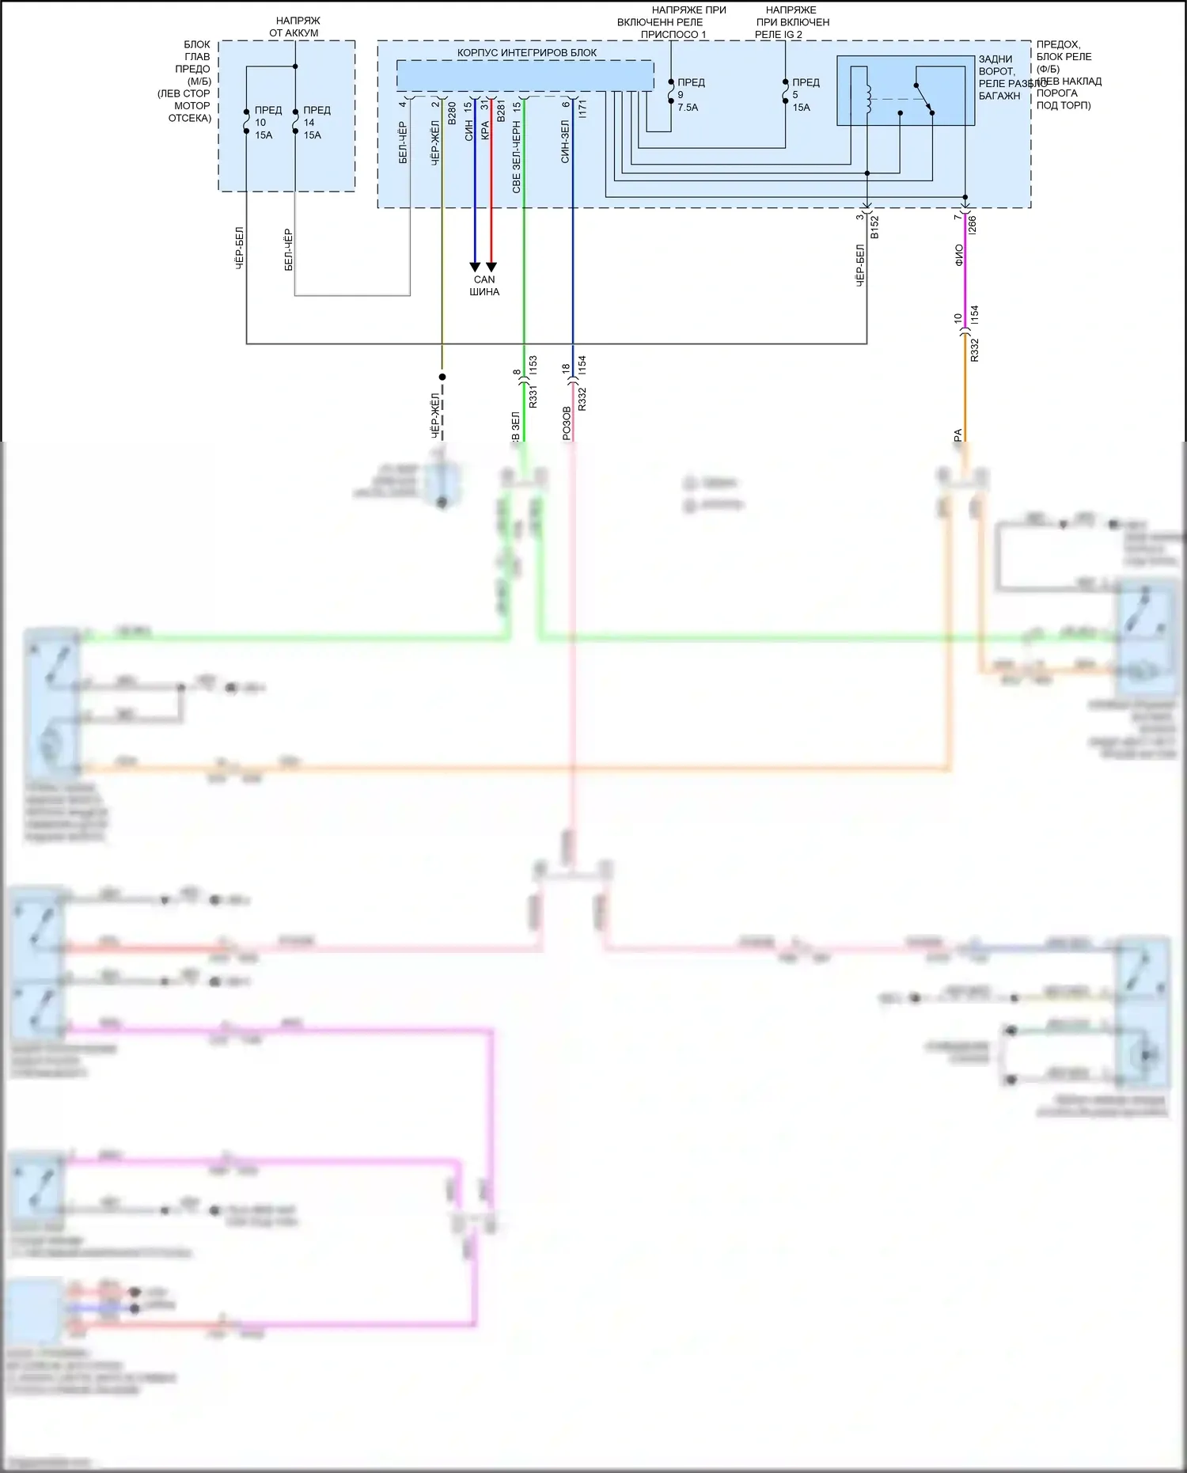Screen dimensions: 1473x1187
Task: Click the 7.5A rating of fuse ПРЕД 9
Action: click(688, 108)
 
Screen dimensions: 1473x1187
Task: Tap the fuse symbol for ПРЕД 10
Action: click(247, 122)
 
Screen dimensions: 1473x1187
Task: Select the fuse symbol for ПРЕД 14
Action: click(295, 122)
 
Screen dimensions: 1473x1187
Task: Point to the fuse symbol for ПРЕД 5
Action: click(786, 93)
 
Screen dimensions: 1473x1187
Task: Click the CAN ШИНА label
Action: click(484, 286)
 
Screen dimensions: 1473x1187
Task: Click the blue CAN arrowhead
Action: click(475, 267)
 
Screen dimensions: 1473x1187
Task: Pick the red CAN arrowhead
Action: click(491, 267)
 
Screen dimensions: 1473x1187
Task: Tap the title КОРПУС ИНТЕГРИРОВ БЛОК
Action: click(527, 53)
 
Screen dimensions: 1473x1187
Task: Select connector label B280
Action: click(452, 112)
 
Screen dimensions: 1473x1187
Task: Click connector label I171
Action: click(582, 108)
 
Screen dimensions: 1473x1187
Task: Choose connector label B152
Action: click(874, 227)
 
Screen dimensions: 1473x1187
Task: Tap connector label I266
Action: click(973, 225)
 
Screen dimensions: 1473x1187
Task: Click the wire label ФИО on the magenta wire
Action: click(959, 255)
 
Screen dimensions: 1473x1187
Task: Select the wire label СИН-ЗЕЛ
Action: click(565, 142)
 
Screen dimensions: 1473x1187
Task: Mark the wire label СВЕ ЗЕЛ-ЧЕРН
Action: click(517, 157)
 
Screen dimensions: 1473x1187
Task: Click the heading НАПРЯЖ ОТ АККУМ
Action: click(294, 27)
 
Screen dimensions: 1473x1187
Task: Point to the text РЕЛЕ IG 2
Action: click(779, 35)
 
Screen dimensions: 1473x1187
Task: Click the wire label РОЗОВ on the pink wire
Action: click(566, 423)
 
